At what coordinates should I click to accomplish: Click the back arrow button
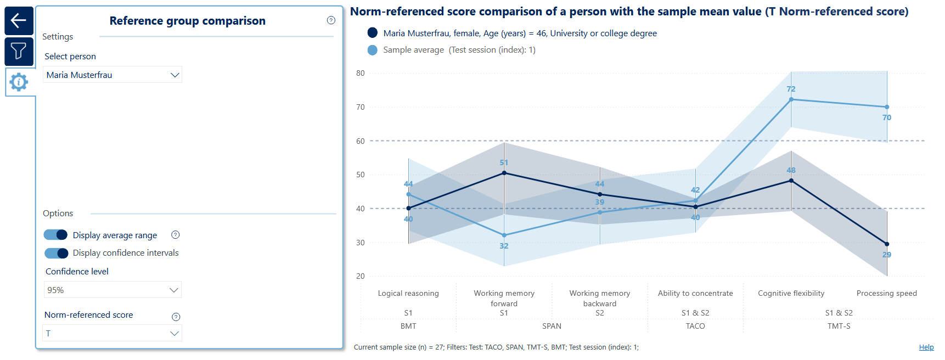coord(19,21)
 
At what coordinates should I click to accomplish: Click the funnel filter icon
coord(19,51)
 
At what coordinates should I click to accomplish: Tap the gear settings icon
coord(19,82)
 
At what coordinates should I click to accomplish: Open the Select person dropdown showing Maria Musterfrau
coord(113,75)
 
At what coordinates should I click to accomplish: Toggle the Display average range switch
coord(55,235)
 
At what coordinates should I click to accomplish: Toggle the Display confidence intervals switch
coord(55,253)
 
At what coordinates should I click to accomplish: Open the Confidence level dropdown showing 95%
coord(113,290)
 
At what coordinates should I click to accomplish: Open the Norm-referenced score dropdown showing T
coord(113,333)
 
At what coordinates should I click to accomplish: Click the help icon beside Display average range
coord(176,235)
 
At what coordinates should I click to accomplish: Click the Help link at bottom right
coord(926,347)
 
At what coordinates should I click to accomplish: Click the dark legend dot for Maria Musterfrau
coord(373,33)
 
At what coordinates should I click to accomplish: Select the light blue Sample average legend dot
coord(373,50)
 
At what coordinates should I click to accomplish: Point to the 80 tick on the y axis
coord(361,73)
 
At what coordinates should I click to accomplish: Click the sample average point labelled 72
coord(791,99)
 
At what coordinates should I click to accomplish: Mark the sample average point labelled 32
coord(504,235)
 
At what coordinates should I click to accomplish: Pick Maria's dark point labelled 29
coord(887,244)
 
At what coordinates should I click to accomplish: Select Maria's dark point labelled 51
coord(504,173)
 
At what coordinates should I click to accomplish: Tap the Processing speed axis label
coord(887,294)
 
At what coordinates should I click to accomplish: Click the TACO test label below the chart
coord(695,326)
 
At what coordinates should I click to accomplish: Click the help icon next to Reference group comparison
coord(331,20)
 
